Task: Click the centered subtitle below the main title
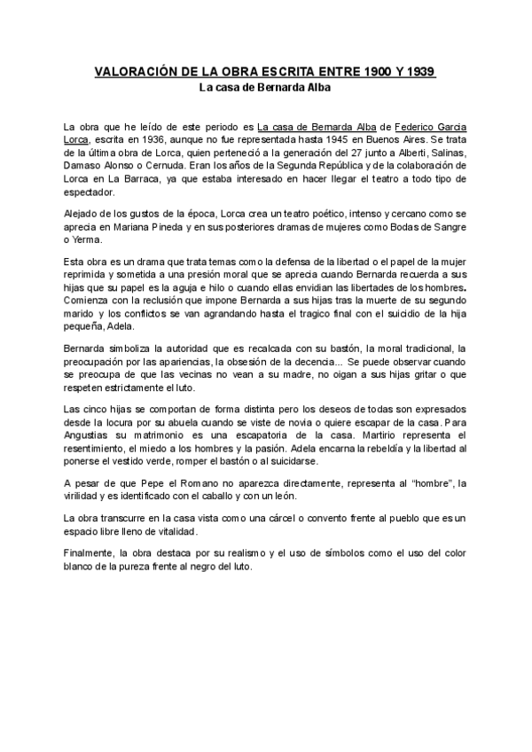[x=265, y=88]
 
